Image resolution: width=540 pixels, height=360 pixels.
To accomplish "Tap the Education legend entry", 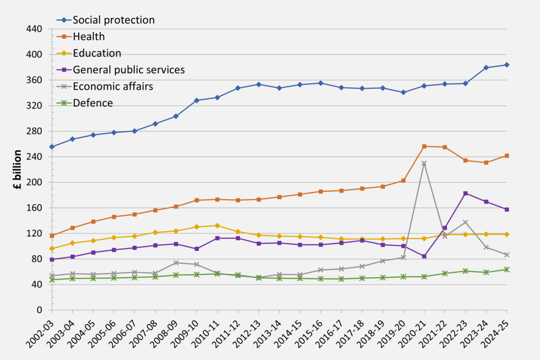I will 97,53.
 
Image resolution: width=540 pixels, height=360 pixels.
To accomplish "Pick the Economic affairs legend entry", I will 113,86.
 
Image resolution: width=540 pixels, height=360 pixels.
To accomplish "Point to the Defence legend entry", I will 93,103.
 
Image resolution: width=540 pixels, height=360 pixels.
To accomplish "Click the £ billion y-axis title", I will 17,169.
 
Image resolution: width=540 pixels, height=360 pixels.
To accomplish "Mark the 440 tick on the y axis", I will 34,29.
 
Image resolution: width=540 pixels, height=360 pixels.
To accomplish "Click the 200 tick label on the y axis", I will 34,182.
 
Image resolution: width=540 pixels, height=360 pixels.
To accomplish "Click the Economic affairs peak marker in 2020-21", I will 424,164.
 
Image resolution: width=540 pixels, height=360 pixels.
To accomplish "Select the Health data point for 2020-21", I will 424,147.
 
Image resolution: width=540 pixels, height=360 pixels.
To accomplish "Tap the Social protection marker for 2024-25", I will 507,65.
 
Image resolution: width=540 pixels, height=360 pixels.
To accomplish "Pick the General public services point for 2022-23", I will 465,193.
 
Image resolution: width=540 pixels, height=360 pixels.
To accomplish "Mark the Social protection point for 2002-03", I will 52,147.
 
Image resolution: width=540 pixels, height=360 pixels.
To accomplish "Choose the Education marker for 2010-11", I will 217,226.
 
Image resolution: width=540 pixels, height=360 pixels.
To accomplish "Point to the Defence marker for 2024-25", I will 507,269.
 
